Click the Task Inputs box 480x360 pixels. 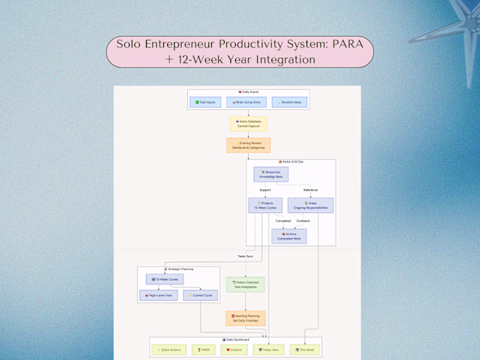(x=205, y=102)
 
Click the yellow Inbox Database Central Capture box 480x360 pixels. (x=248, y=124)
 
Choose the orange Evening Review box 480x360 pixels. (x=248, y=145)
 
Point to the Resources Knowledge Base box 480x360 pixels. (x=271, y=174)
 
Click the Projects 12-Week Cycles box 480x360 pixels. (x=265, y=205)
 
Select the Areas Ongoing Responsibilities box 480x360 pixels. (x=311, y=205)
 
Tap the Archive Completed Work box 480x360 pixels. (x=289, y=236)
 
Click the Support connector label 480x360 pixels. (x=265, y=190)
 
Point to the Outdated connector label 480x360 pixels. (x=302, y=221)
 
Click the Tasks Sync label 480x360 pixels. (x=246, y=256)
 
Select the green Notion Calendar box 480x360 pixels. (x=245, y=284)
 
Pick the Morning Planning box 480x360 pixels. (x=245, y=317)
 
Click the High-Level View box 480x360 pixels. (x=158, y=295)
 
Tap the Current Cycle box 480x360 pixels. (x=200, y=295)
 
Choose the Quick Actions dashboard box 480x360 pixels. (x=169, y=349)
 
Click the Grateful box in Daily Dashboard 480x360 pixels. (x=235, y=349)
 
